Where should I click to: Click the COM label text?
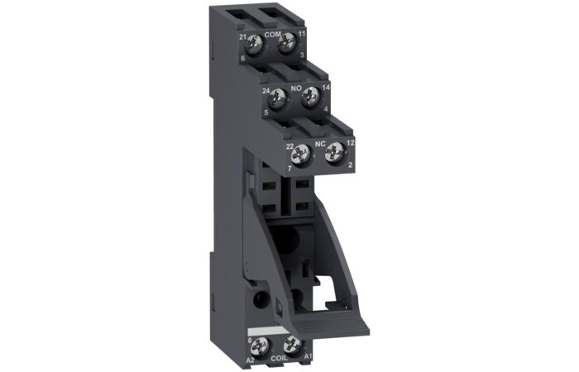click(x=272, y=35)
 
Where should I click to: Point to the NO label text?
click(x=294, y=83)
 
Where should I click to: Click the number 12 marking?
click(x=351, y=143)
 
